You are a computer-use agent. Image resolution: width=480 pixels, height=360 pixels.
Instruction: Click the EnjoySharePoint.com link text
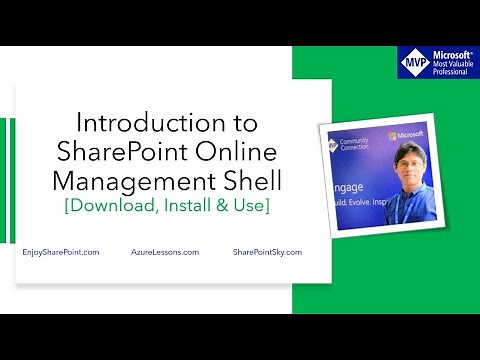click(x=60, y=253)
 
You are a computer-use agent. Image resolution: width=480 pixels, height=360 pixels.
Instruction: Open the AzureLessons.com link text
click(x=165, y=253)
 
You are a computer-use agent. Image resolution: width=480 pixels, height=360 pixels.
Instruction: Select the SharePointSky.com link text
click(x=267, y=253)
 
